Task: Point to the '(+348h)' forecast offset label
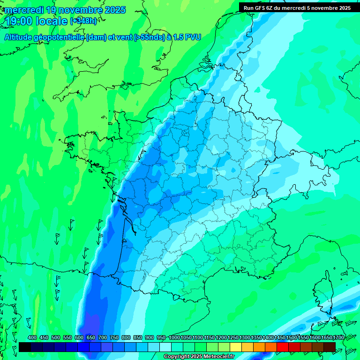point(83,21)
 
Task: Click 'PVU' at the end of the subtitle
point(193,37)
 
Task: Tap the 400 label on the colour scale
point(32,337)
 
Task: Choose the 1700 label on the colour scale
point(338,337)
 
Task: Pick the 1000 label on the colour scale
point(174,337)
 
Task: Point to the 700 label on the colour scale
point(103,337)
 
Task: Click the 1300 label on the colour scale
point(245,337)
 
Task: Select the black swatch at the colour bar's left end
point(25,347)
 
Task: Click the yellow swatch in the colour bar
point(236,347)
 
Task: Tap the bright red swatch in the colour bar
point(283,347)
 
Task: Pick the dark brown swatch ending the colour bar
point(330,347)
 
